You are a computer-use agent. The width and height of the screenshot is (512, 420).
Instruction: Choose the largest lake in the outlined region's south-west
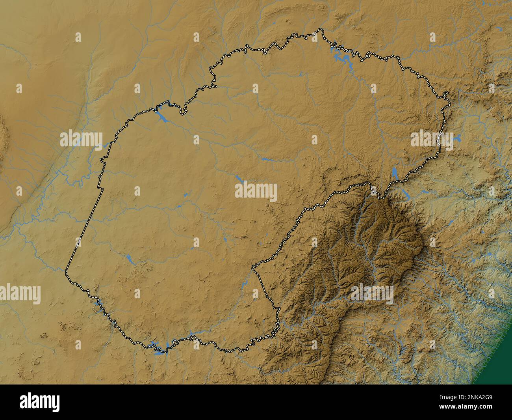tap(129, 259)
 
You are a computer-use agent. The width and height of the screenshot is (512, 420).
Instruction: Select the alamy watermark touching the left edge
tap(20, 294)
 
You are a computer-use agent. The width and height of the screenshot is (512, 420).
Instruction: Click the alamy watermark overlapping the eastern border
tap(432, 140)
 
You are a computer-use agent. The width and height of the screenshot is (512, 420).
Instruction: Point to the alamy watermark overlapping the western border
tap(82, 139)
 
